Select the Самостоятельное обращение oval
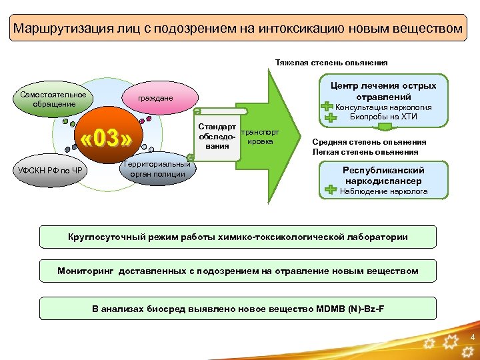[48, 99]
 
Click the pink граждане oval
[155, 99]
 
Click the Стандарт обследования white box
[217, 137]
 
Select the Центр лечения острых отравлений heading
[383, 91]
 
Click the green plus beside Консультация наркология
[327, 107]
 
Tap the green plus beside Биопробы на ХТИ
[331, 118]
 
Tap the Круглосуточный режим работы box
[238, 237]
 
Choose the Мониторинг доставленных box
[238, 271]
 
